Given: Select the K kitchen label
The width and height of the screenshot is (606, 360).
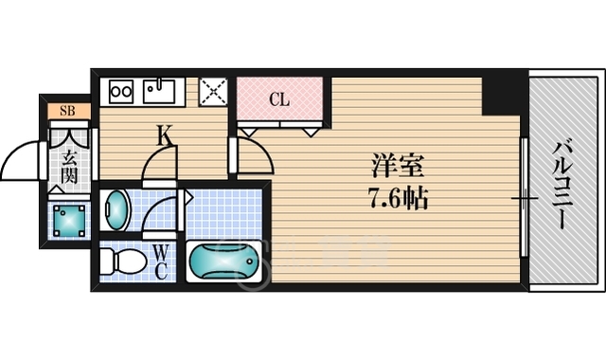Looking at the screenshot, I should click(x=165, y=137).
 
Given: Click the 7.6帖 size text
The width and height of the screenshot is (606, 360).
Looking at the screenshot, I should click(x=395, y=200).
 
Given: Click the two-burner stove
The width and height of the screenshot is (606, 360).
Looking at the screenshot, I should click(x=121, y=92).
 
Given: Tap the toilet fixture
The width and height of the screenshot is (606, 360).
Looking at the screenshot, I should click(x=119, y=261).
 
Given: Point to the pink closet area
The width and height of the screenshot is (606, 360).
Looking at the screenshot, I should click(x=280, y=104).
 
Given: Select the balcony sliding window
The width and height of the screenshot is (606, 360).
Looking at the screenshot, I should click(x=522, y=199).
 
